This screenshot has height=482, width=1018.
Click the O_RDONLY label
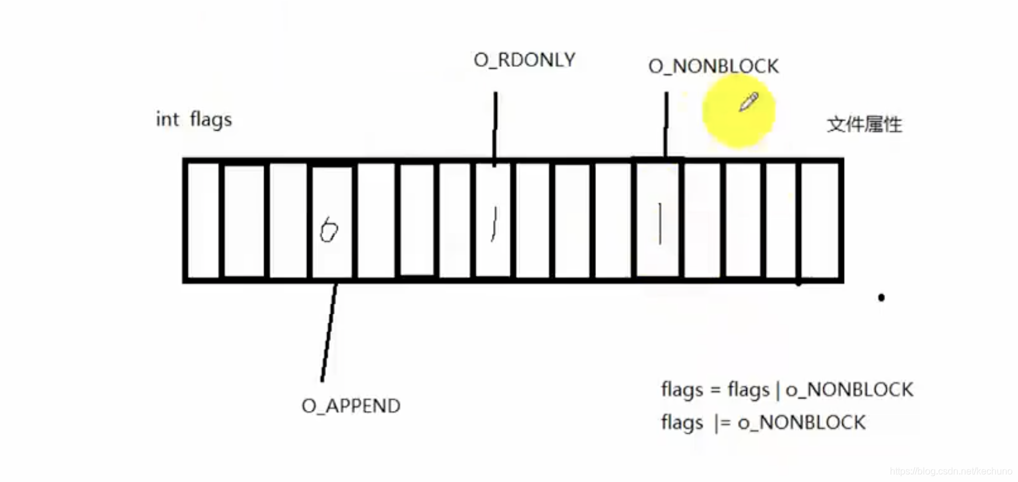[524, 60]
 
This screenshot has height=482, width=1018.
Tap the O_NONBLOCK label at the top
[713, 66]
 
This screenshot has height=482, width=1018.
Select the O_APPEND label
[351, 406]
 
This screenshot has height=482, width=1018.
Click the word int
[167, 120]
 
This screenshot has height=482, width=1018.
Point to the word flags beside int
[211, 120]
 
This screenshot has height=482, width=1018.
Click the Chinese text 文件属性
[864, 125]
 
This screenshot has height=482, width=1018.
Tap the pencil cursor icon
[748, 102]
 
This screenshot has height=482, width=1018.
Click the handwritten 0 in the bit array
[328, 230]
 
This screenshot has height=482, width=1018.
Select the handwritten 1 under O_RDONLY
[494, 224]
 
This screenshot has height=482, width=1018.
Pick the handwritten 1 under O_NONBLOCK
[659, 223]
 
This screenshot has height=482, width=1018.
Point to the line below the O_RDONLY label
[495, 125]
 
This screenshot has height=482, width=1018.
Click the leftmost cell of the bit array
[203, 220]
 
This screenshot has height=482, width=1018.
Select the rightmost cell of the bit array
[820, 220]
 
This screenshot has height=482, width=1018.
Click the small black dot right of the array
[881, 297]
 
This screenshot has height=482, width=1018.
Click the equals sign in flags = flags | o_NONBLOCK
[715, 391]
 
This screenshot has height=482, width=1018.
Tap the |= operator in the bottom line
[722, 423]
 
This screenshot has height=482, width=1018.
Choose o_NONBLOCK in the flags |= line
[802, 423]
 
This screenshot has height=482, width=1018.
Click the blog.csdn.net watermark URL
[951, 471]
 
